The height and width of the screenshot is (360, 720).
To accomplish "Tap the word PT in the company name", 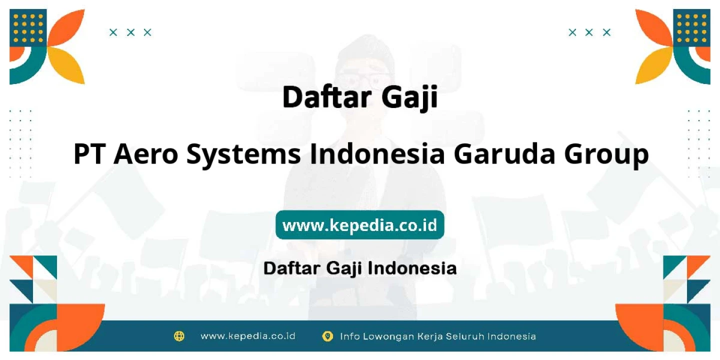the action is pyautogui.click(x=89, y=154).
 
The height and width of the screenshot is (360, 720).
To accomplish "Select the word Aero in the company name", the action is pyautogui.click(x=145, y=154).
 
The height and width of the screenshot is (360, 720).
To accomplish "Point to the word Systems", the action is pyautogui.click(x=243, y=155).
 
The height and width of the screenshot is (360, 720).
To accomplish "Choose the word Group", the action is pyautogui.click(x=606, y=155).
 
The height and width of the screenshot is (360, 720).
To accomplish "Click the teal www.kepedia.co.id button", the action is pyautogui.click(x=359, y=224).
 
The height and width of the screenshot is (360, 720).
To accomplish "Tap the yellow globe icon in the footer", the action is pyautogui.click(x=179, y=336).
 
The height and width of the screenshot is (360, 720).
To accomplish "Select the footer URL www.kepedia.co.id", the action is pyautogui.click(x=248, y=336).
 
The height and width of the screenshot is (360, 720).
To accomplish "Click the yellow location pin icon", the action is pyautogui.click(x=327, y=336).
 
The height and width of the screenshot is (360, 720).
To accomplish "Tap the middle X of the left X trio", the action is pyautogui.click(x=130, y=32).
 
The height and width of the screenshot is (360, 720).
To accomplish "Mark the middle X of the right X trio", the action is pyautogui.click(x=589, y=32).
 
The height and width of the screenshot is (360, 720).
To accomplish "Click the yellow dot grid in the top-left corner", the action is pyautogui.click(x=28, y=28).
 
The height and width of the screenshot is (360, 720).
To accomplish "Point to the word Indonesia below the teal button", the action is pyautogui.click(x=412, y=268).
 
